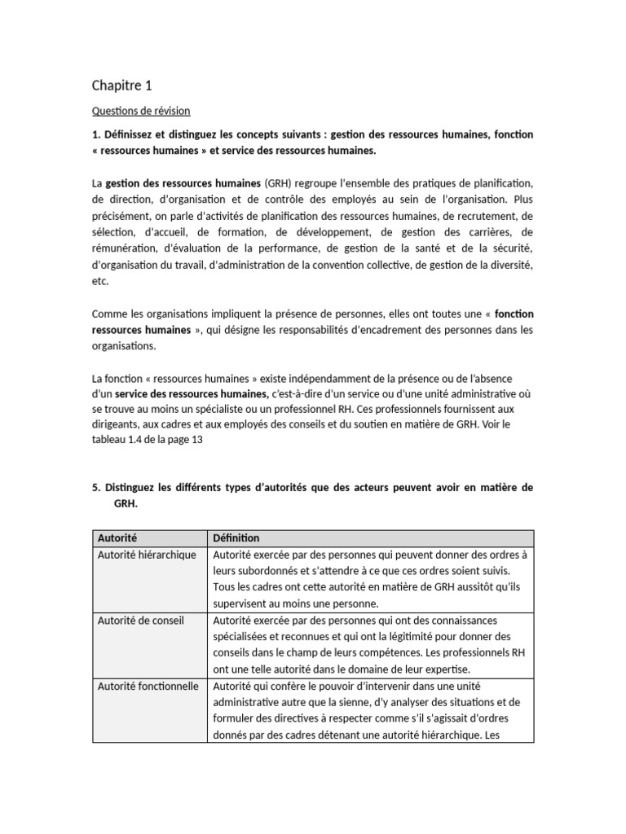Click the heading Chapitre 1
[x=121, y=86]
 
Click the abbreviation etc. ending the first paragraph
[x=99, y=281]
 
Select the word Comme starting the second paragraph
[x=110, y=314]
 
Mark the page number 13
[x=196, y=440]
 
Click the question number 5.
[x=95, y=488]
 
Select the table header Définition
[x=236, y=538]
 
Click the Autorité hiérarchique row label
[x=147, y=555]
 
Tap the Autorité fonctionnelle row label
[x=148, y=686]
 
